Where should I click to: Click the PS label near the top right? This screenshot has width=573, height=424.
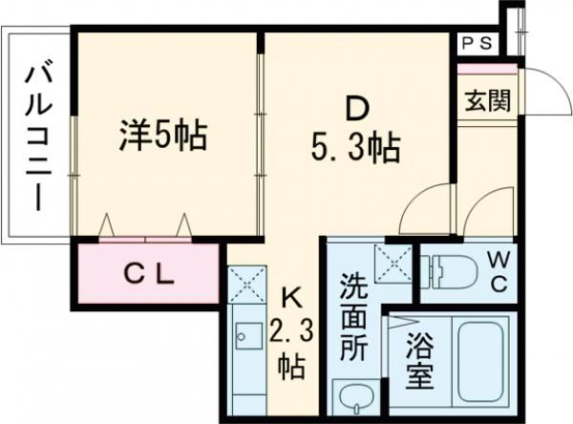(x=477, y=44)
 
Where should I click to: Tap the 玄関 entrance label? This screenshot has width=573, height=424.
(x=487, y=100)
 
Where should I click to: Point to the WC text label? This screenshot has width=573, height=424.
(x=499, y=273)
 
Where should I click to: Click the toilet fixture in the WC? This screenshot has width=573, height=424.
(x=449, y=271)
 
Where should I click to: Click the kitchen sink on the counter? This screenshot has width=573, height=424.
(x=249, y=335)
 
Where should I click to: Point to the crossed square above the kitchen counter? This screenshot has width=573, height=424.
(x=246, y=285)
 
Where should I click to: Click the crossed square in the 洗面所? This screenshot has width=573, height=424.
(x=393, y=264)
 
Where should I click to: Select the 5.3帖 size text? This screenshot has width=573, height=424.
(x=355, y=148)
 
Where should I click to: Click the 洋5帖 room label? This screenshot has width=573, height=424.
(x=163, y=137)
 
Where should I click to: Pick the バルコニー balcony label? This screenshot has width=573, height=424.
(x=38, y=138)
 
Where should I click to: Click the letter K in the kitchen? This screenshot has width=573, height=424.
(x=291, y=298)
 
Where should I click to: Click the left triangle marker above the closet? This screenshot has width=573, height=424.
(x=107, y=224)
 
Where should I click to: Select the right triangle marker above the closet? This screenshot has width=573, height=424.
(x=183, y=224)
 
